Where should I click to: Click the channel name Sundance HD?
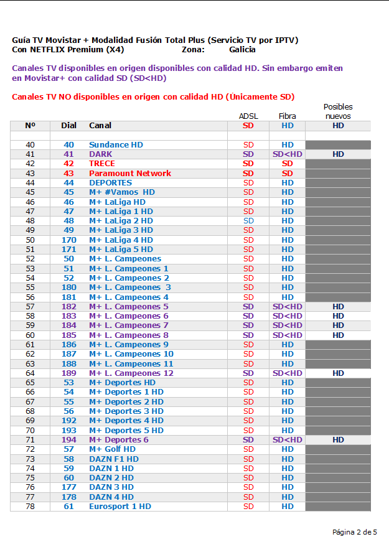116,145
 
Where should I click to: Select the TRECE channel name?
102,164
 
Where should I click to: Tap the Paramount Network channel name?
130,174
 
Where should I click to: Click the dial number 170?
68,240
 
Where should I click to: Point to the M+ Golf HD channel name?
112,449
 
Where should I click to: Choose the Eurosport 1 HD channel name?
120,507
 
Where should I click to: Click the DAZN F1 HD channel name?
114,459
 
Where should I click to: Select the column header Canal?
100,126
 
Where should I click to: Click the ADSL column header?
248,116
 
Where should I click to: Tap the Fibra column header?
288,116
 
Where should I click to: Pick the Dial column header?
68,126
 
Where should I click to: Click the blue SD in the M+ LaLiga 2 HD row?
248,221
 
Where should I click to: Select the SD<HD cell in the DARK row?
288,154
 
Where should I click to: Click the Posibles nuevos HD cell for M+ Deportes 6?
338,440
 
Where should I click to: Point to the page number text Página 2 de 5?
355,532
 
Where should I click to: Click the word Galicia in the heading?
242,49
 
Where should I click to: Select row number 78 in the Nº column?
30,507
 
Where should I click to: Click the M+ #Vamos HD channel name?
122,192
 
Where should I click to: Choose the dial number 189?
68,373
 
